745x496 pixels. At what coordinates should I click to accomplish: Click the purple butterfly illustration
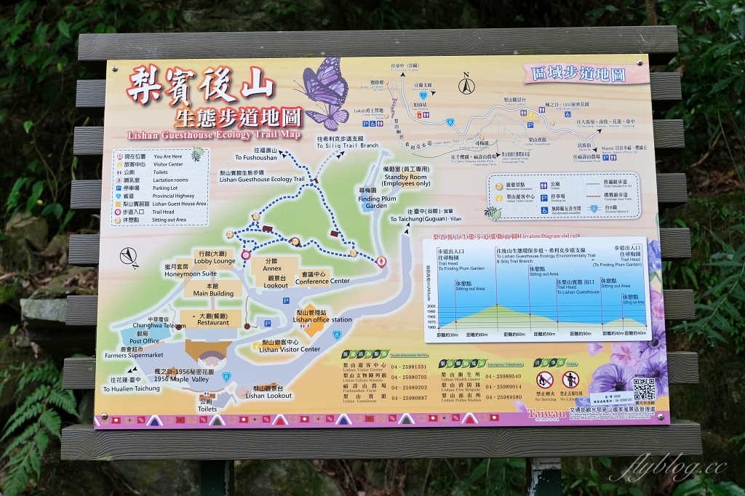click(325, 92)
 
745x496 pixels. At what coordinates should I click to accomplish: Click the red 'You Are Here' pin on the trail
click(382, 261)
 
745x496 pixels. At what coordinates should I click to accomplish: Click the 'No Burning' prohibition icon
click(544, 380)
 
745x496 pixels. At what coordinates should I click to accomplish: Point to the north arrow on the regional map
click(464, 87)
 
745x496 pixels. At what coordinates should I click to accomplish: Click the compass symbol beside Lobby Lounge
click(130, 256)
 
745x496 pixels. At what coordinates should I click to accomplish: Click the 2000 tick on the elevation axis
click(431, 306)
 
